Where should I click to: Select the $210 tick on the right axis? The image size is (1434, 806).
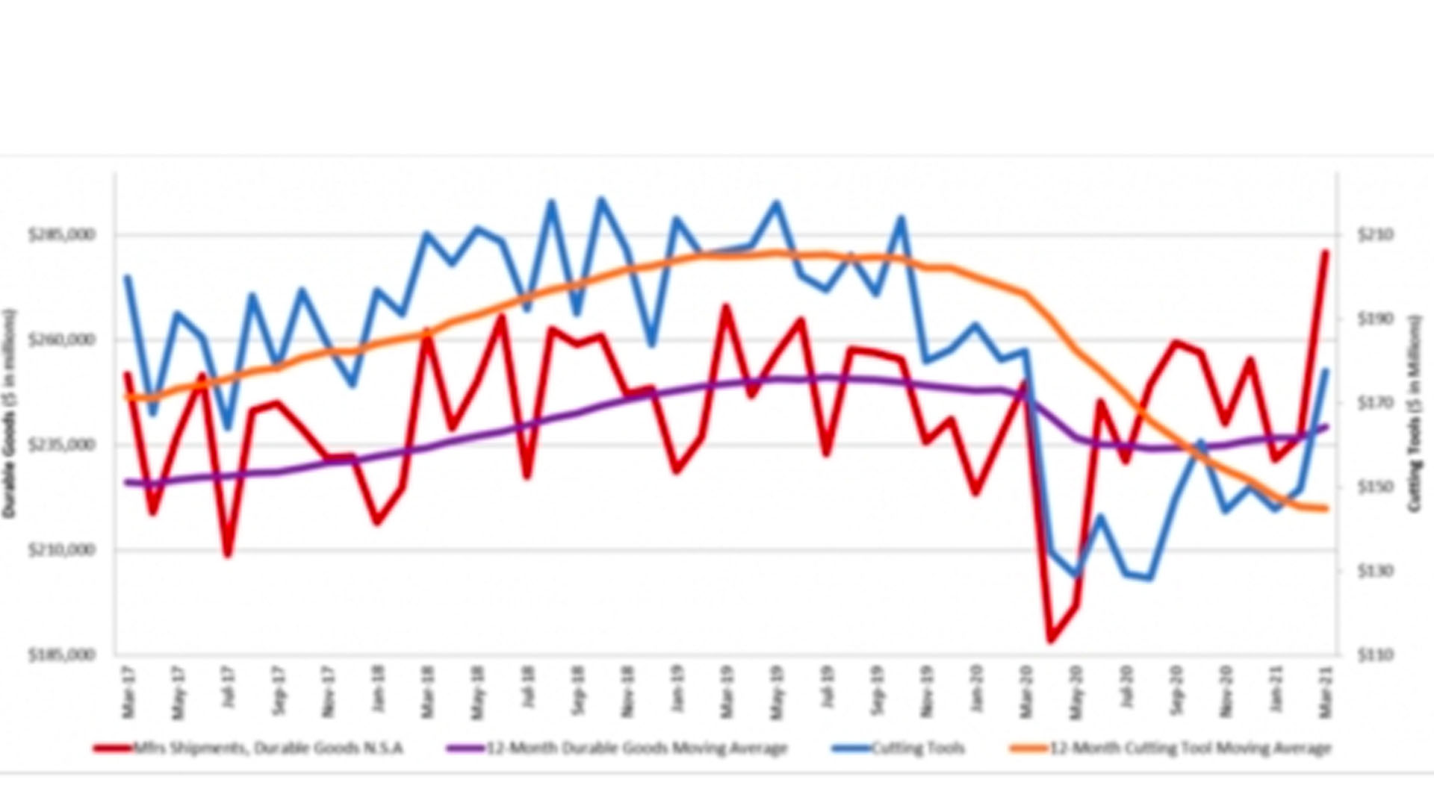tap(1376, 235)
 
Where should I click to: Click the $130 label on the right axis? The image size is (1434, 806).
tap(1376, 571)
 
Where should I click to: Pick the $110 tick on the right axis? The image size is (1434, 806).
tap(1376, 655)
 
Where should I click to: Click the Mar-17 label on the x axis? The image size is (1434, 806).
tap(128, 693)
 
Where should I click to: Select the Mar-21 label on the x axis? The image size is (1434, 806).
tap(1326, 693)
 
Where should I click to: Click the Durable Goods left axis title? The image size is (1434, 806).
tap(10, 414)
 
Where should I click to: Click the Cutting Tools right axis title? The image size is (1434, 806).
tap(1414, 414)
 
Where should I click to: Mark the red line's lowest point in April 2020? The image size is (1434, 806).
tap(1052, 640)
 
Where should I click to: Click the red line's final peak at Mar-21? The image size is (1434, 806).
tap(1326, 252)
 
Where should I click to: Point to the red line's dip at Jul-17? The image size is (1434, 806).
tap(228, 555)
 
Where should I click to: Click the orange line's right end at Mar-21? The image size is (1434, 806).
tap(1326, 509)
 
